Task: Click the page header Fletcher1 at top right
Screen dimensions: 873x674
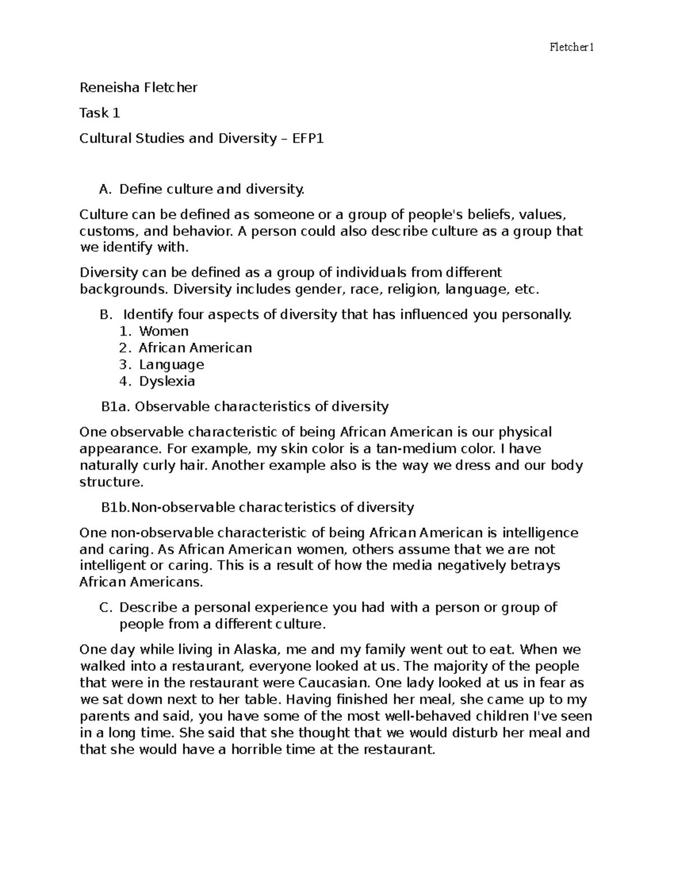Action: click(571, 48)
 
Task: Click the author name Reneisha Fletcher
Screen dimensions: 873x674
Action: click(138, 88)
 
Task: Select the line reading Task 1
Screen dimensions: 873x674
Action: click(99, 113)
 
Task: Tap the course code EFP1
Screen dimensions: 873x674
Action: click(308, 138)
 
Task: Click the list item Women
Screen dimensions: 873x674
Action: click(163, 331)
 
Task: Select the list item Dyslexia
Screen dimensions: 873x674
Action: click(167, 381)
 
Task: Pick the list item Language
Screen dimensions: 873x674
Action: click(171, 364)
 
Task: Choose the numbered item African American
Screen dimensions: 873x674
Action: click(195, 348)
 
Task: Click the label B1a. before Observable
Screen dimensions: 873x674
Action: click(116, 406)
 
